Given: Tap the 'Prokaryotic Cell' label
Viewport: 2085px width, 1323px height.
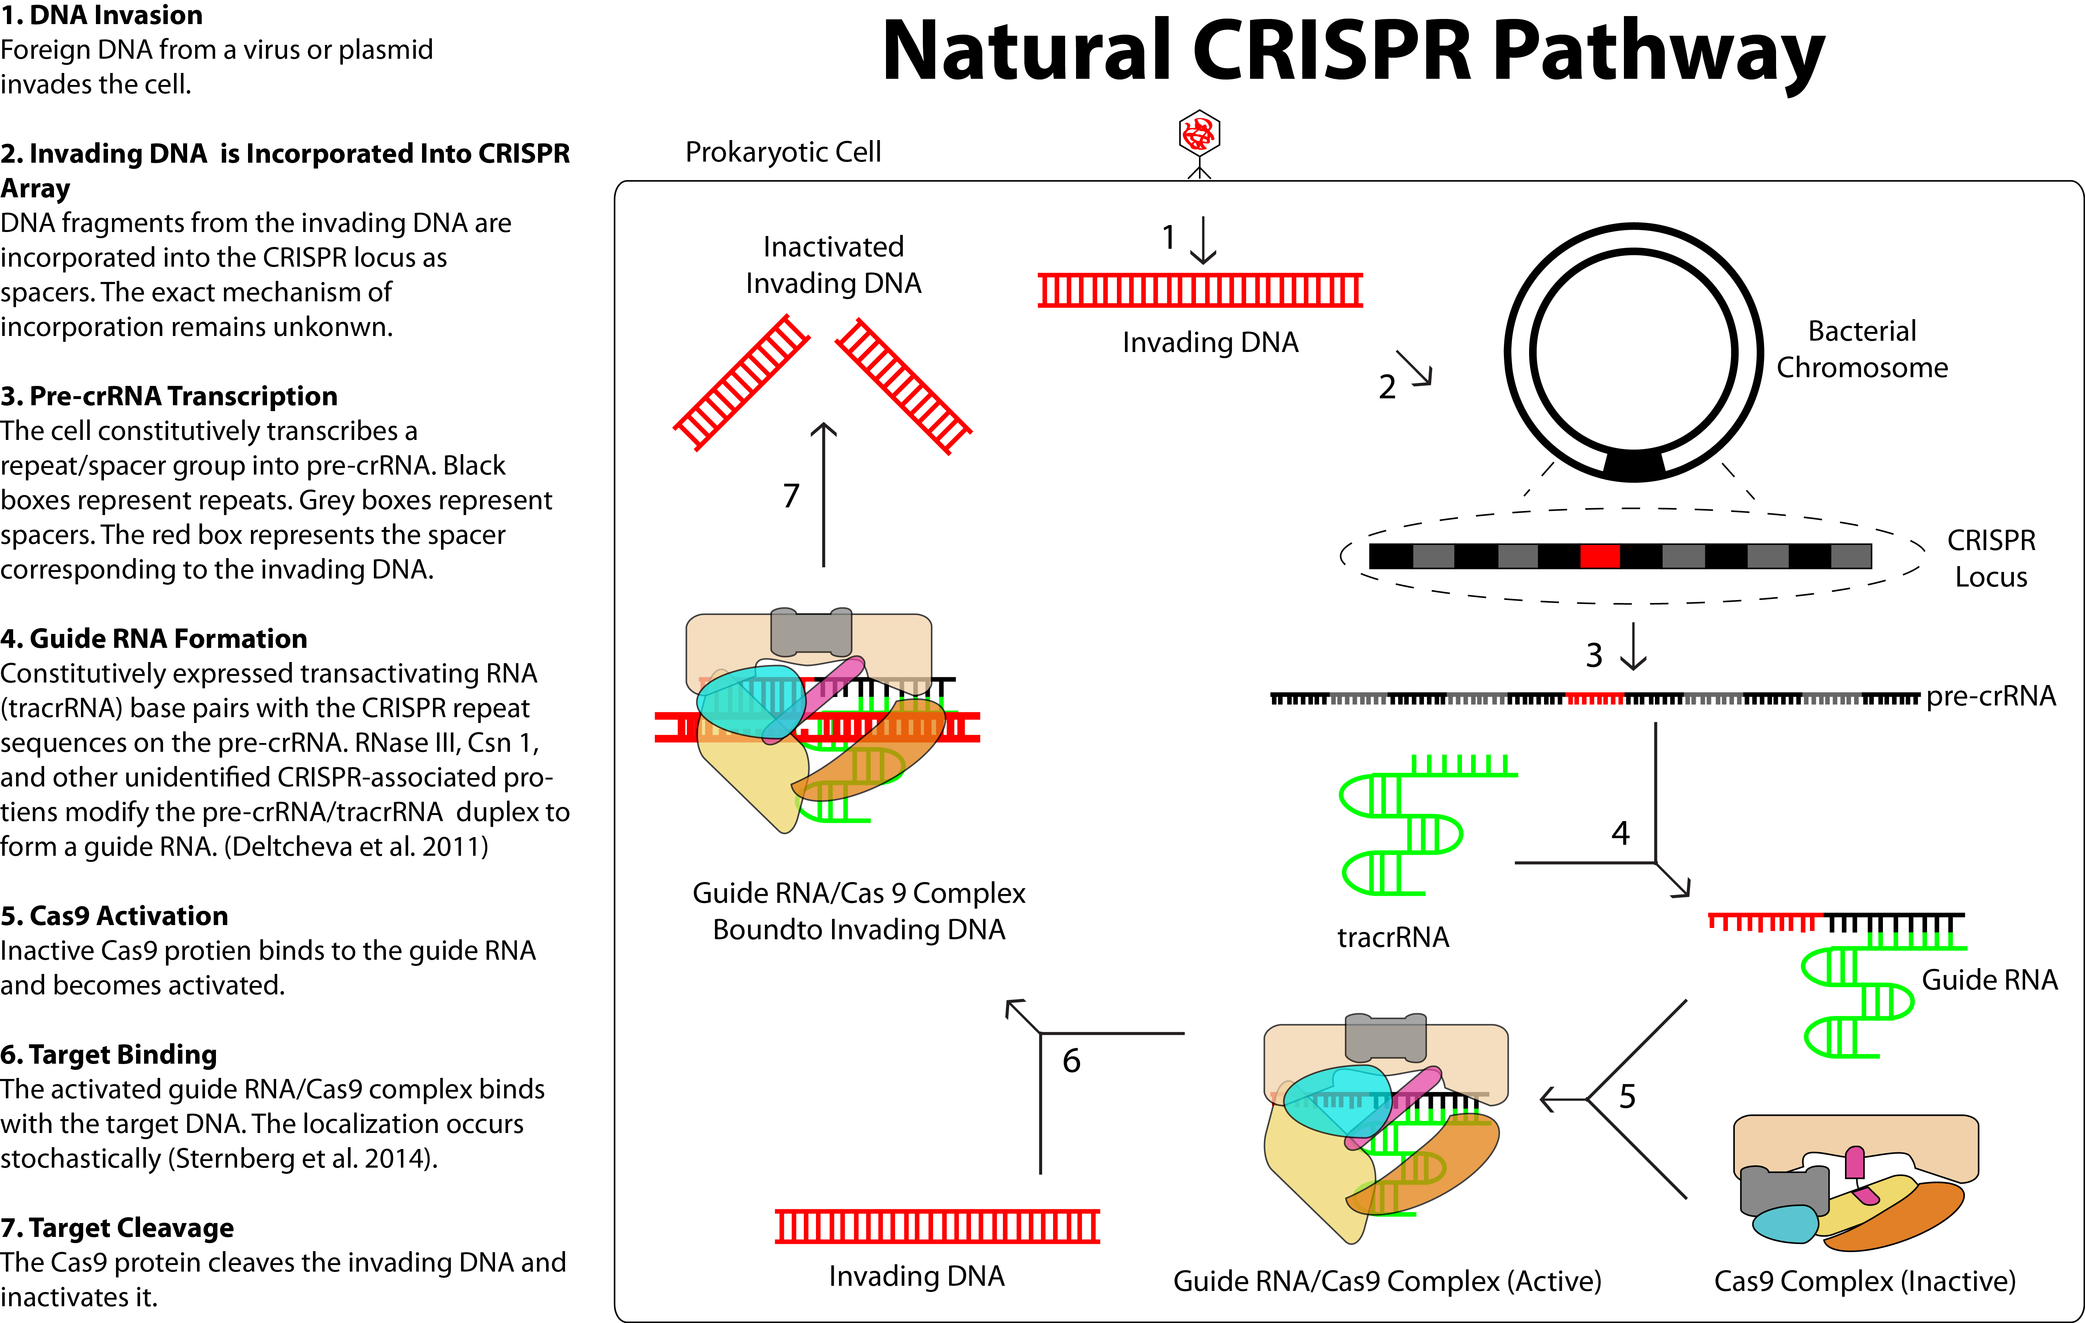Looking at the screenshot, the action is [783, 152].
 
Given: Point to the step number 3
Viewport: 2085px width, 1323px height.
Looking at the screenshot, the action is [1594, 655].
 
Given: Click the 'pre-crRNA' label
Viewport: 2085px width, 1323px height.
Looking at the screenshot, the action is [1991, 696].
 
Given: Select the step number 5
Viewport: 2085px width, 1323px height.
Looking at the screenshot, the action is [1628, 1097].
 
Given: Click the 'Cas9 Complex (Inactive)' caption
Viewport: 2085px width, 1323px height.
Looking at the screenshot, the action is [1865, 1281].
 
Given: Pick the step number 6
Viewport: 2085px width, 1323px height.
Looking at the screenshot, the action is [1072, 1061].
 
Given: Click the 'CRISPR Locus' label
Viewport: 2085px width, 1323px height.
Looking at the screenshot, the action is [1992, 558].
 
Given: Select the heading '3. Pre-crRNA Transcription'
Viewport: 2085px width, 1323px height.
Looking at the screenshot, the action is [169, 396].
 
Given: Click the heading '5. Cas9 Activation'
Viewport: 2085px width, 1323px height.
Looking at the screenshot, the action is [114, 916].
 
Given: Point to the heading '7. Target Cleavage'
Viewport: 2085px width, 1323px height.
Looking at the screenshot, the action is [117, 1228].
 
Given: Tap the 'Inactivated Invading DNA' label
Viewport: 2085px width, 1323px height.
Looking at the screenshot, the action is [833, 265].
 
